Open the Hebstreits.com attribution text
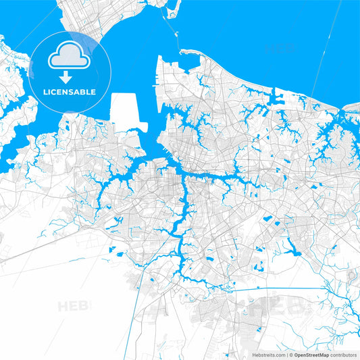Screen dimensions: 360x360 tap(269, 355)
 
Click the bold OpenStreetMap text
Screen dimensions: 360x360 tap(311, 355)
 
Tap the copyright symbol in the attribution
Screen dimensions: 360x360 tap(291, 355)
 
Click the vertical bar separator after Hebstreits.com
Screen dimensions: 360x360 tap(286, 355)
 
